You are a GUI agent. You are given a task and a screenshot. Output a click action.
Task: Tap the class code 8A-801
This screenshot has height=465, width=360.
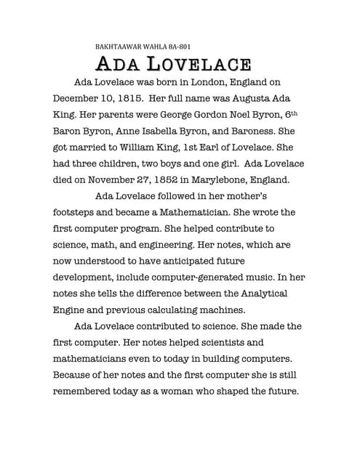coord(176,45)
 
